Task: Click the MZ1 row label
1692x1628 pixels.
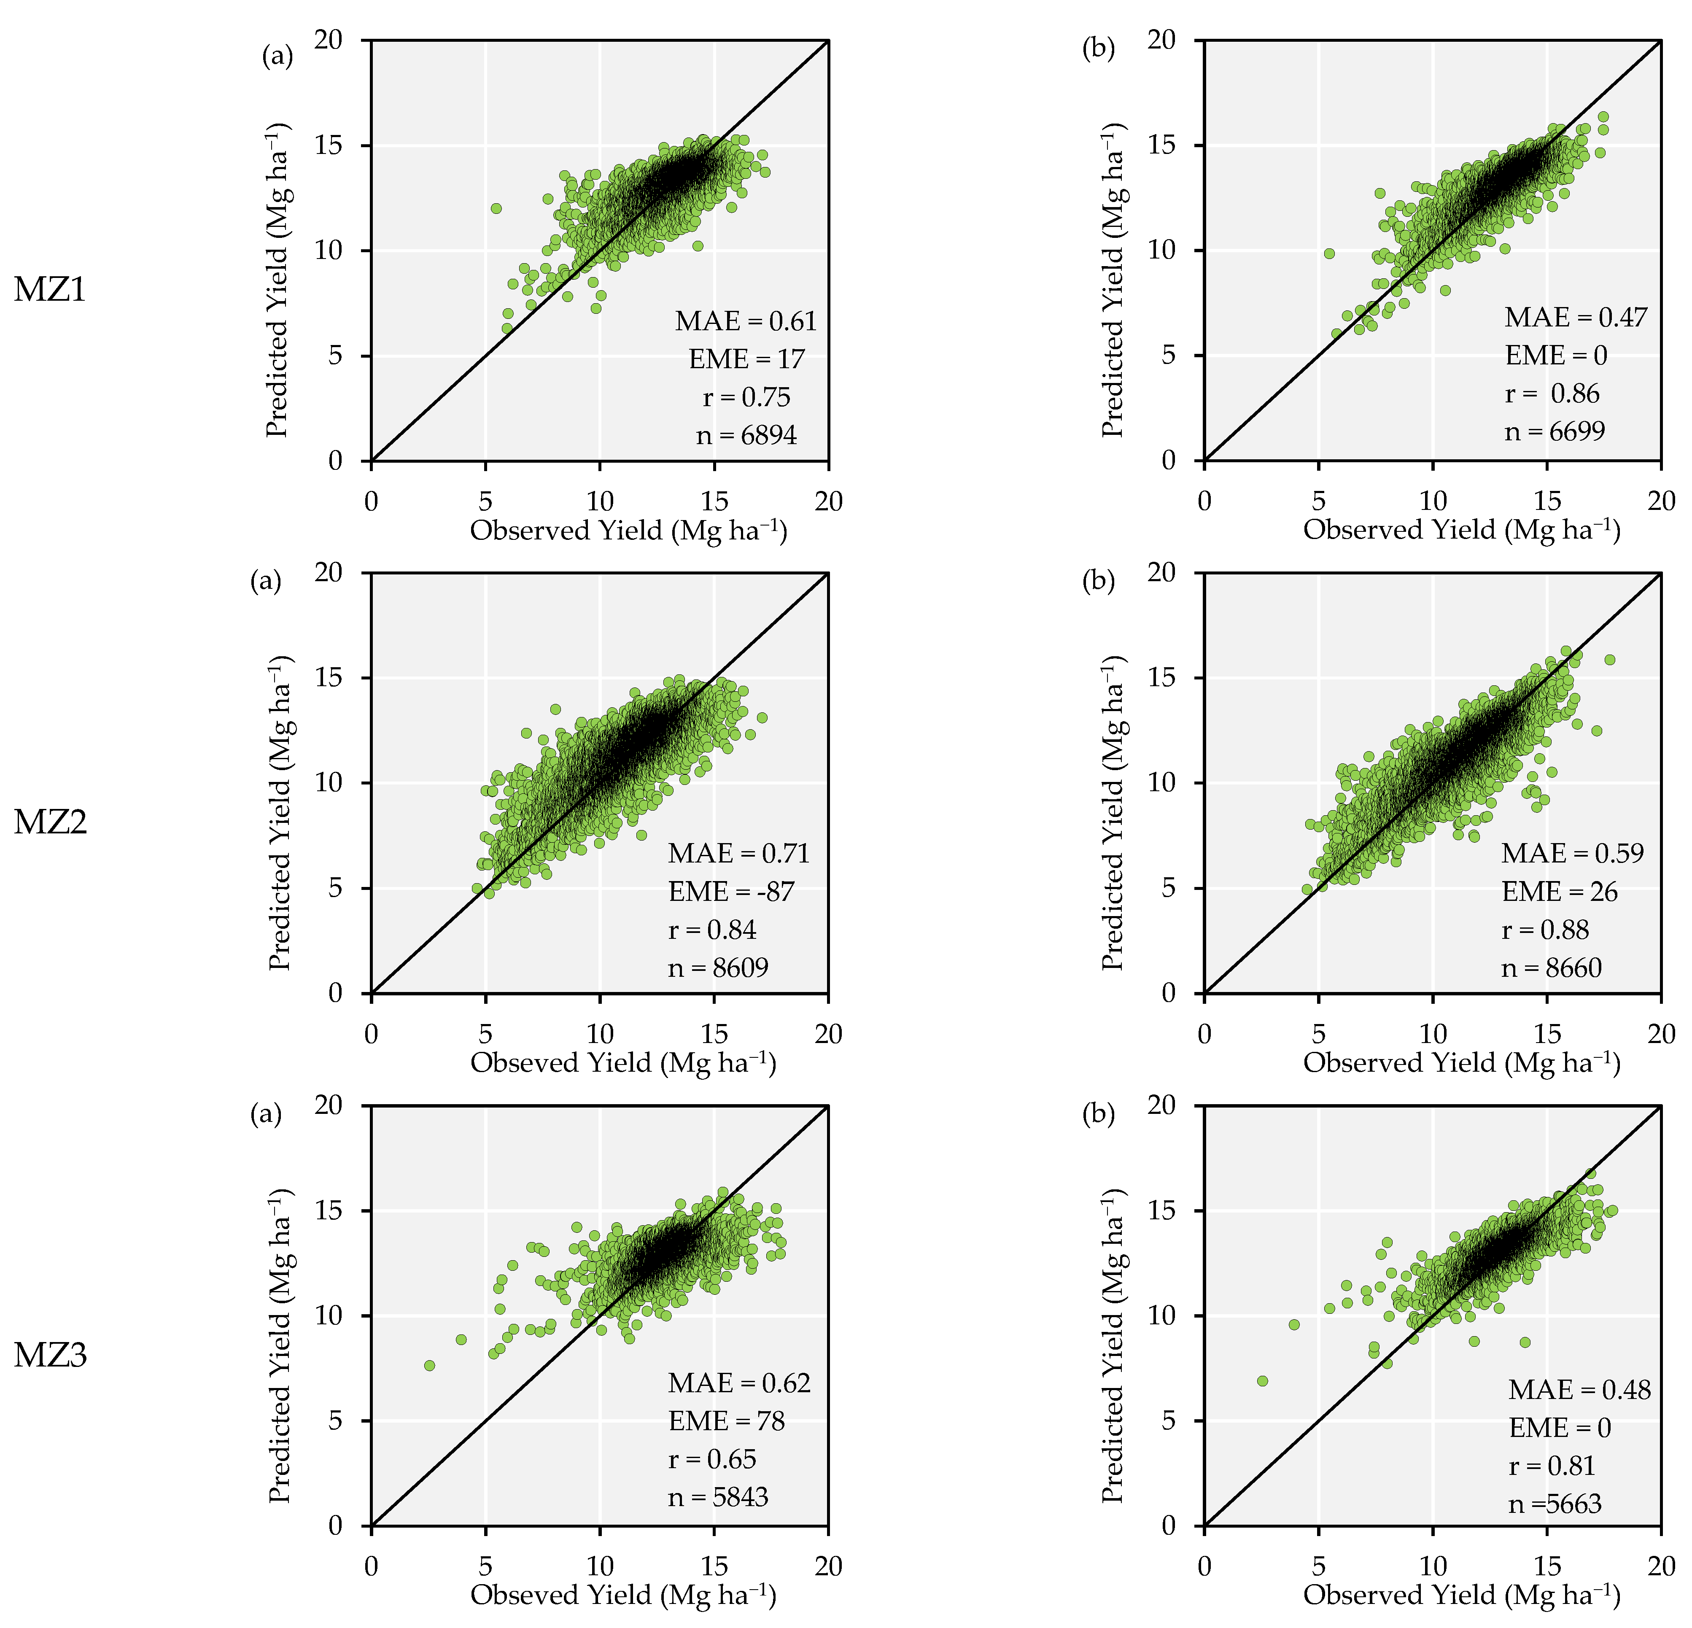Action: [x=50, y=289]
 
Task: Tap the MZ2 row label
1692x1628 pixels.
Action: [x=50, y=822]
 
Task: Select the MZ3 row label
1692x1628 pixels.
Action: [x=50, y=1355]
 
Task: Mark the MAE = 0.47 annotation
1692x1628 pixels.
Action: [x=1576, y=318]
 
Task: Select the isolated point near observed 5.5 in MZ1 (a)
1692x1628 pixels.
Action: [x=496, y=208]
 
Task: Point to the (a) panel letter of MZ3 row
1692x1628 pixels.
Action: [x=266, y=1114]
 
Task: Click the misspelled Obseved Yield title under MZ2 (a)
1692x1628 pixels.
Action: [x=622, y=1062]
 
